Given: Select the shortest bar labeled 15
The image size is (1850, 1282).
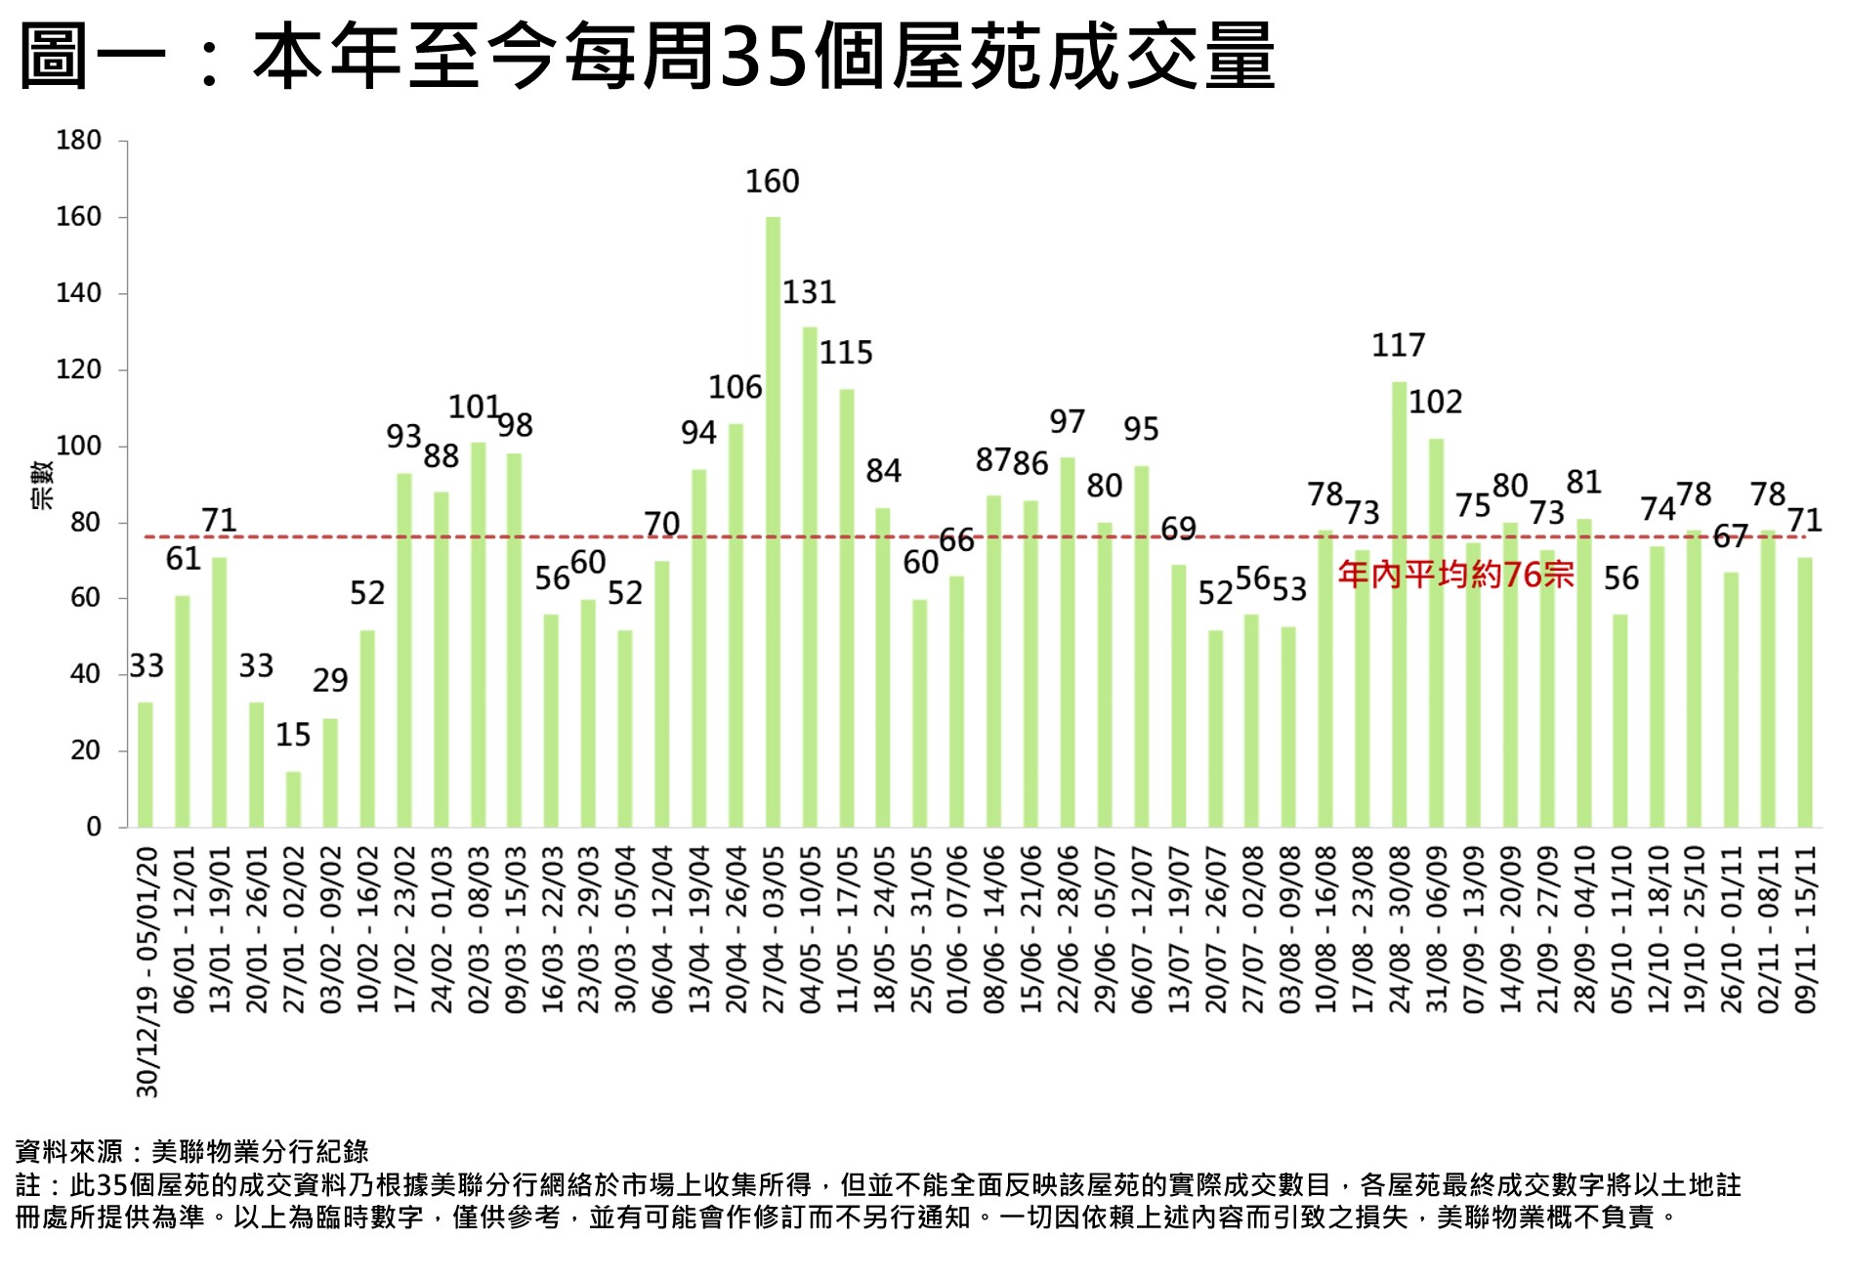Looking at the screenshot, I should coord(293,799).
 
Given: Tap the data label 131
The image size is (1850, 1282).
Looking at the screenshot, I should coord(809,292).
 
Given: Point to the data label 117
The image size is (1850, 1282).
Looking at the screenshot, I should coord(1398,345).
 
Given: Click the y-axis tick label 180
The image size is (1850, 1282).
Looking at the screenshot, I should coord(78,141).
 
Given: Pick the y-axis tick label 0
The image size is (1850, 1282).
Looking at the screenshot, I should coord(94,828).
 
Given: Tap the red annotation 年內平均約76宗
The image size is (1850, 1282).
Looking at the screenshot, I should coord(1455,574).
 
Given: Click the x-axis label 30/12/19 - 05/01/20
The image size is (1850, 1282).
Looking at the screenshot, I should coord(147,971).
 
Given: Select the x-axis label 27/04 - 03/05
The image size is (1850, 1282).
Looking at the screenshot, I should coord(773,929).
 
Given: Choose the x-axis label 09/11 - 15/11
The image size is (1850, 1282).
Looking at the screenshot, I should coord(1805,929).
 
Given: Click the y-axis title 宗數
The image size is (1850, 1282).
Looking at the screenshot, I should coord(42,485).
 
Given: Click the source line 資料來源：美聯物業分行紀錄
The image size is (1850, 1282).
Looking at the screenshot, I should coord(191,1152).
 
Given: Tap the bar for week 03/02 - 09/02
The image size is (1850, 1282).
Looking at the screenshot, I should coord(330,773).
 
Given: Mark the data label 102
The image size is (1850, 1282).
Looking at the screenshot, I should coord(1435,402).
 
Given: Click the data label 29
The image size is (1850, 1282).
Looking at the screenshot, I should coord(330,680).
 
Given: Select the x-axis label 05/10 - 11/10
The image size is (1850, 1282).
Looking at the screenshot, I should coord(1620,929).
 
